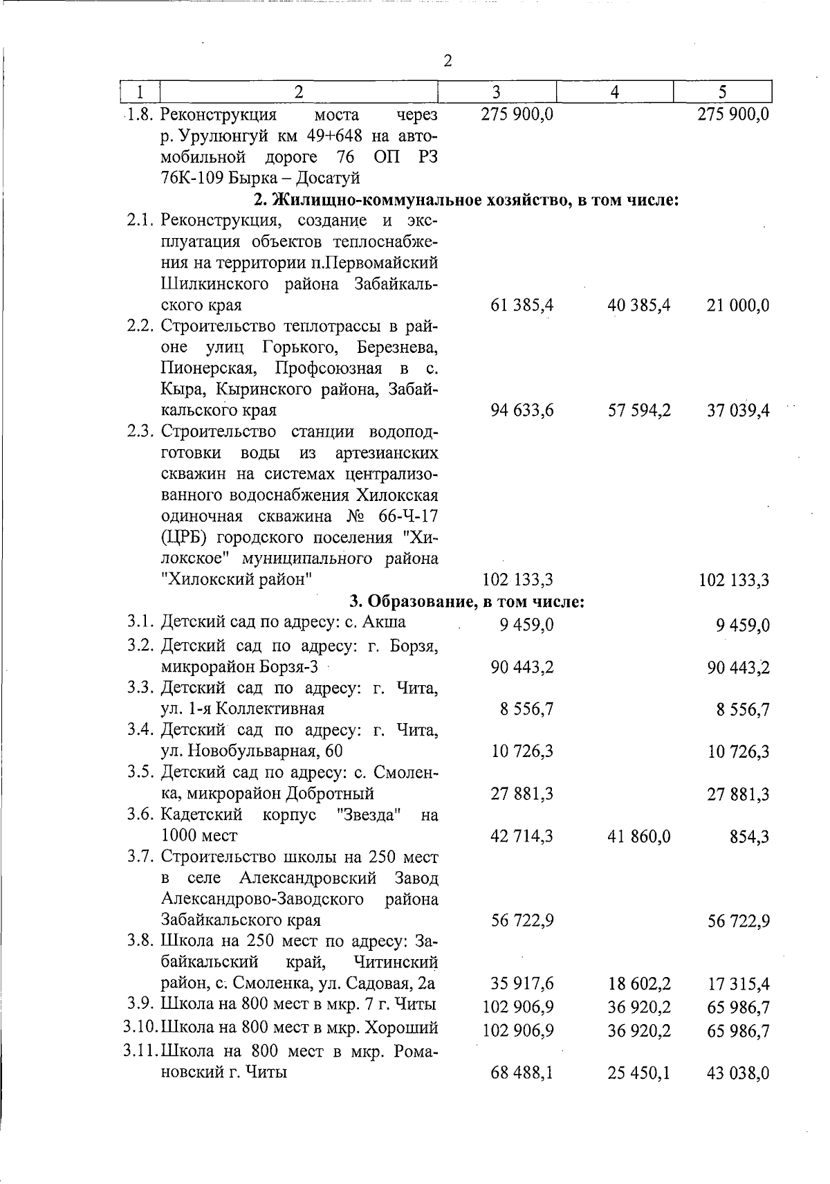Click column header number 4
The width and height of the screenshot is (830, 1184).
(x=615, y=92)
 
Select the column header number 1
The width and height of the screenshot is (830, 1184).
(x=140, y=92)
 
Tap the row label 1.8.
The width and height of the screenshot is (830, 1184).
(x=140, y=114)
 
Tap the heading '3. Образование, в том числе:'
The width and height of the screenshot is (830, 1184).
(x=468, y=601)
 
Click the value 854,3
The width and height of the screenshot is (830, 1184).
(x=750, y=837)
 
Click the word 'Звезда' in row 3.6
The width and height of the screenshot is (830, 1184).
(x=368, y=814)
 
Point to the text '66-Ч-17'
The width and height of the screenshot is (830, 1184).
(x=409, y=517)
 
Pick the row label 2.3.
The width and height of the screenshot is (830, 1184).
(x=141, y=432)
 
